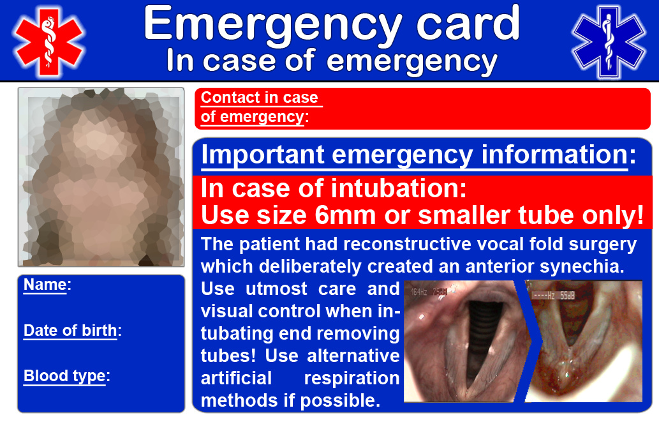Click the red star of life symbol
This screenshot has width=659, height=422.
tap(48, 42)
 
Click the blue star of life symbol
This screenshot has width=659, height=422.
tap(609, 42)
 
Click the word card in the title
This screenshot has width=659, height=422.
tap(468, 24)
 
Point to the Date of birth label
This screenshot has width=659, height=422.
tap(72, 331)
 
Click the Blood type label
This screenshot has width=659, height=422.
tap(66, 376)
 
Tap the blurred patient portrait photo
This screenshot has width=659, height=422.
tap(101, 177)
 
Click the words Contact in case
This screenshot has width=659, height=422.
tap(259, 98)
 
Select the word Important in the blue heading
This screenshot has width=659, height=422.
tap(263, 156)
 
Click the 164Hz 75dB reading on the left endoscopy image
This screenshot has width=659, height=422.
tap(429, 292)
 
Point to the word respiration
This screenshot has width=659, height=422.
tap(352, 379)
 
